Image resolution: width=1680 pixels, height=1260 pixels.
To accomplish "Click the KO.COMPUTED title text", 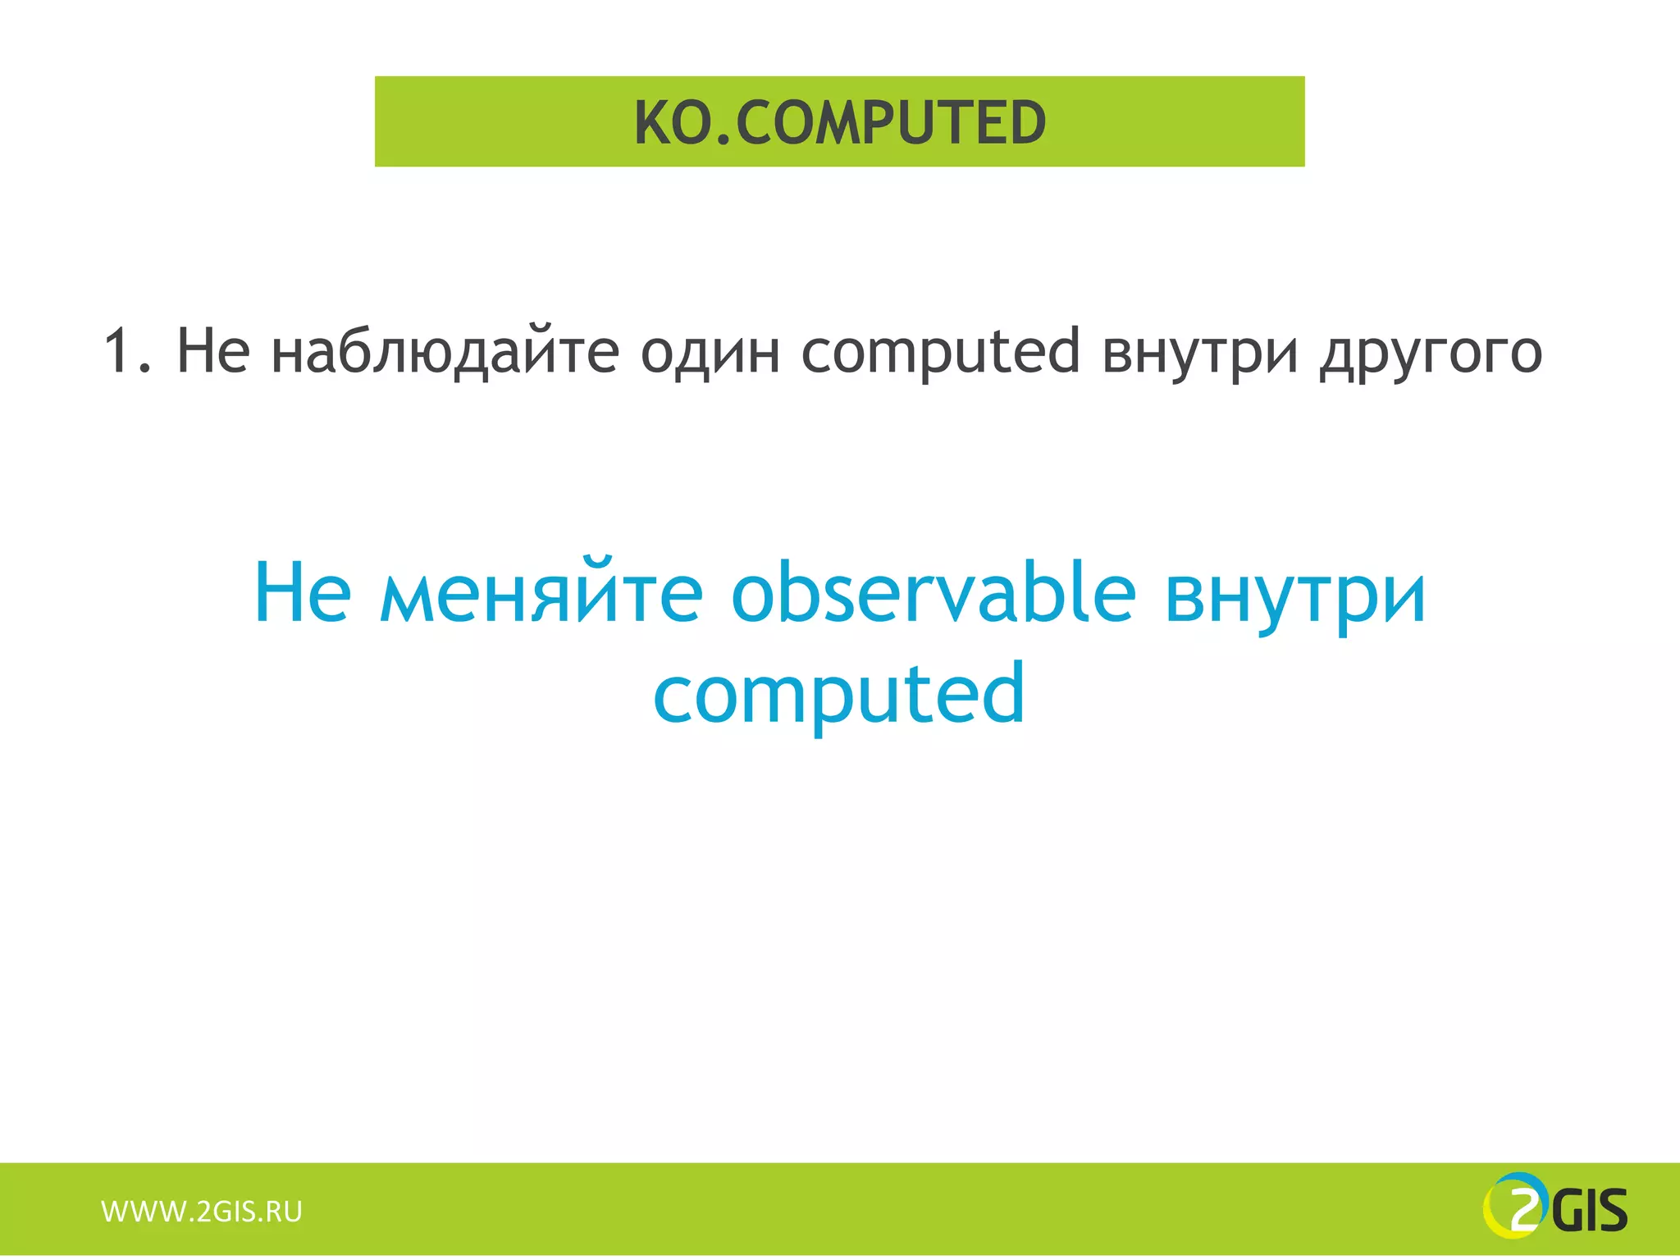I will [x=840, y=123].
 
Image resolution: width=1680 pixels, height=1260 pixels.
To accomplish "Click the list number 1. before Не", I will [x=127, y=351].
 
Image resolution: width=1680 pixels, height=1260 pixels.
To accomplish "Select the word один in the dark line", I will [x=710, y=351].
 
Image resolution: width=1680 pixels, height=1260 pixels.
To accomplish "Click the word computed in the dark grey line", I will [x=940, y=351].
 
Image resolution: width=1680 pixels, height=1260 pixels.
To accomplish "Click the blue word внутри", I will [x=1295, y=596].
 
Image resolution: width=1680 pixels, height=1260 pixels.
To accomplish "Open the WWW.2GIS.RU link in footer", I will [x=202, y=1212].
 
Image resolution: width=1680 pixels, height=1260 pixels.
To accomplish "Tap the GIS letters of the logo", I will [x=1591, y=1212].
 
